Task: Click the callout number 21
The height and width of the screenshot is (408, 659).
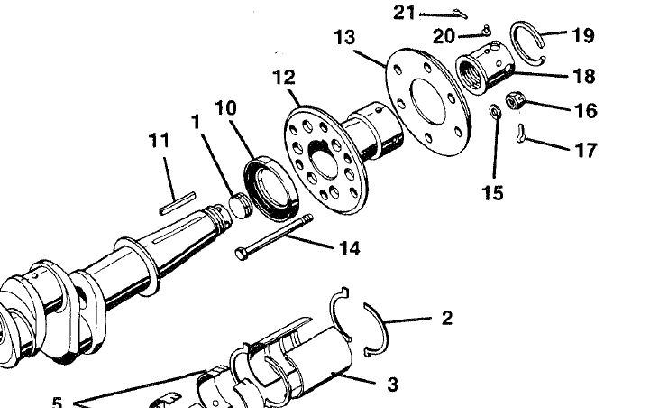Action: coord(405,12)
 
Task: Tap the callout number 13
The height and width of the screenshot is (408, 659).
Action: coord(343,38)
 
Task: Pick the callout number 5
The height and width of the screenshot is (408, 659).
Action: coord(57,401)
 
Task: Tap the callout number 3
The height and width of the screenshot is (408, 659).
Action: coord(392,385)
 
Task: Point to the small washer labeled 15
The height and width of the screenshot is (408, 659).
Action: coord(495,111)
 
